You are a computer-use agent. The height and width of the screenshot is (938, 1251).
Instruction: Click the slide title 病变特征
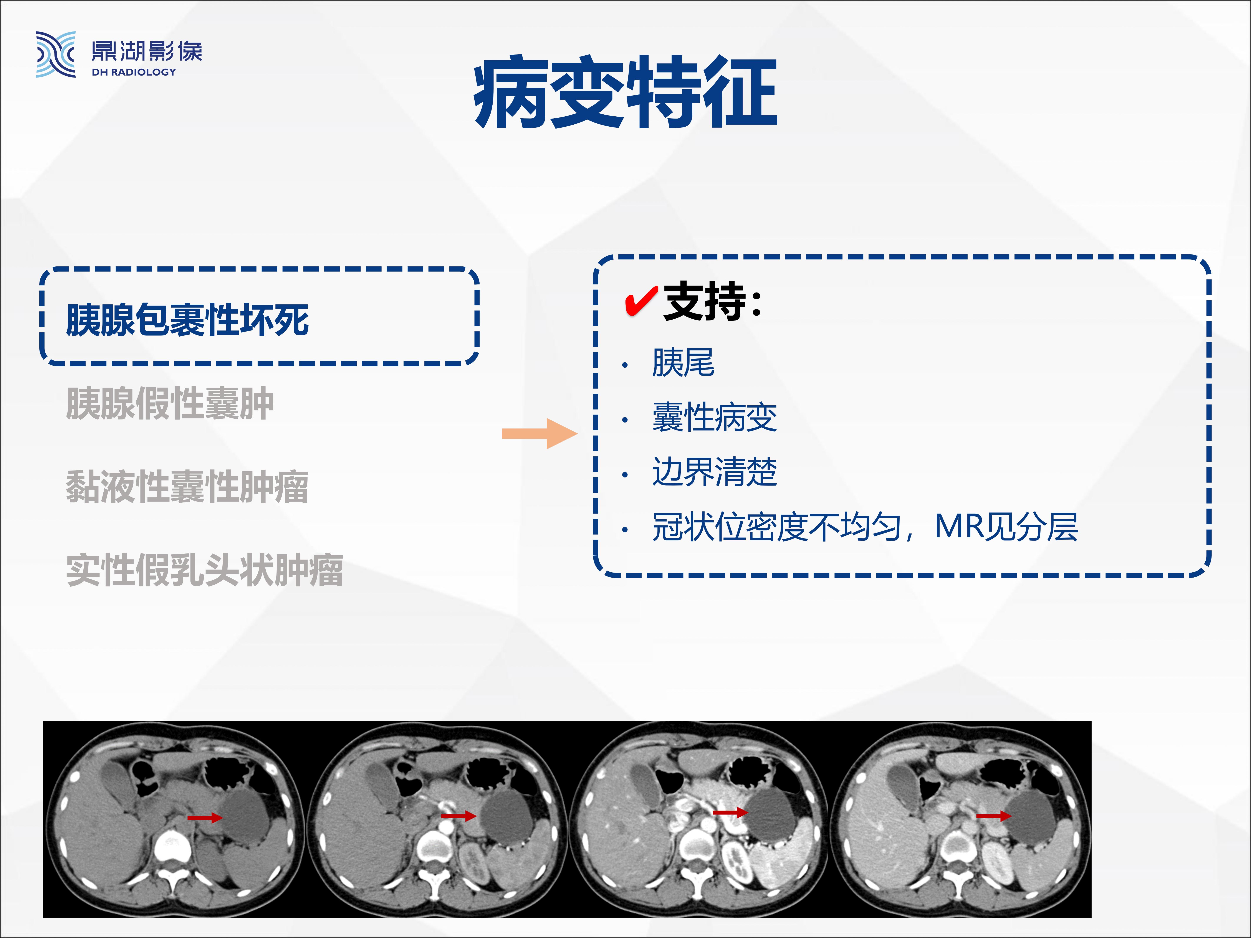(x=625, y=92)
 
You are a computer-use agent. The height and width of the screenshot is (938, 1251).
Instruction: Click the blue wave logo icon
(x=55, y=54)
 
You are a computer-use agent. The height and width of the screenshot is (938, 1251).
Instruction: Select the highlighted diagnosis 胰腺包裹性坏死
(x=187, y=320)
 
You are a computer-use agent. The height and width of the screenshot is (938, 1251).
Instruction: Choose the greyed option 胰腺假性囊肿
(x=170, y=404)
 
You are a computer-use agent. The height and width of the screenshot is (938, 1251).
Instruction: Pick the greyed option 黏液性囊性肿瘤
(x=187, y=487)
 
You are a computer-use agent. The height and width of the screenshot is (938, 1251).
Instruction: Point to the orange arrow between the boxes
(x=539, y=434)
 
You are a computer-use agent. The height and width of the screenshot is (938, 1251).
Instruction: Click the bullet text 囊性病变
(x=714, y=417)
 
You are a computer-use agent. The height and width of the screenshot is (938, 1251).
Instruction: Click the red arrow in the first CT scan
(x=205, y=817)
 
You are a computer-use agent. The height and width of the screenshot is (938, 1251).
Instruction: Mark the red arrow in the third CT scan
(x=730, y=812)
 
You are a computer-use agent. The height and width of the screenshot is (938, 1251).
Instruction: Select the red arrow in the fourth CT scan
(x=994, y=816)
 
